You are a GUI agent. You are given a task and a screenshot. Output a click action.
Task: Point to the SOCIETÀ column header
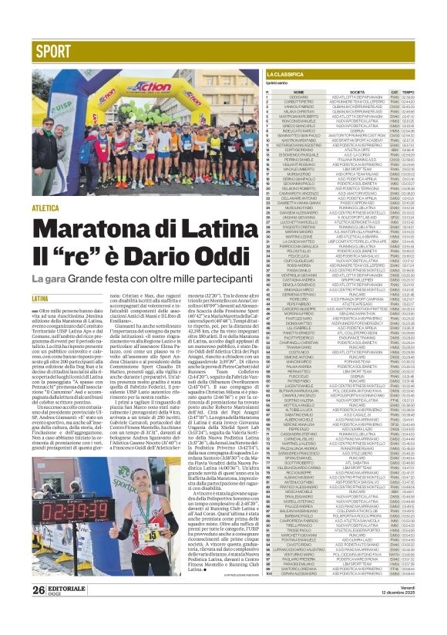[336, 91]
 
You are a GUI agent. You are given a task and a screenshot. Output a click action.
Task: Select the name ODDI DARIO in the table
[293, 96]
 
